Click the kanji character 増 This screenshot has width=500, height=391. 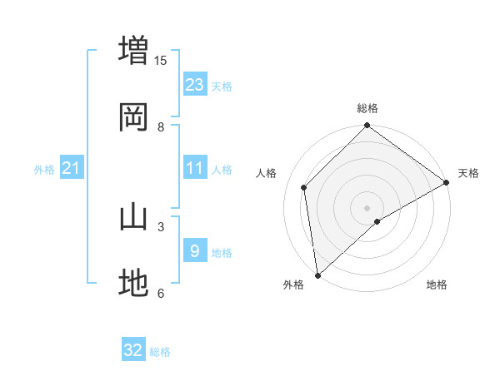tap(133, 48)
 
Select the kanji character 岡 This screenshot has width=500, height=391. tap(133, 116)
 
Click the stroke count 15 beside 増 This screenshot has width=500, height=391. tap(161, 60)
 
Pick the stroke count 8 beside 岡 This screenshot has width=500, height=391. tap(161, 126)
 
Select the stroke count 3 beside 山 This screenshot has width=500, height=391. tap(161, 225)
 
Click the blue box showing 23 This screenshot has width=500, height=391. tap(195, 84)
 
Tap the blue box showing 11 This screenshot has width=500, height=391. tap(195, 168)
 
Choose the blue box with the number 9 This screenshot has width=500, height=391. tap(195, 250)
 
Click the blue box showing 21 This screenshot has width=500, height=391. tap(71, 168)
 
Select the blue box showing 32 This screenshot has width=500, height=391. tap(133, 350)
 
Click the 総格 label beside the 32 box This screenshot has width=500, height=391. tap(160, 352)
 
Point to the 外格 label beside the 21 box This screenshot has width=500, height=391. tap(44, 170)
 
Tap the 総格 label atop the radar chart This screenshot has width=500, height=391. tap(367, 109)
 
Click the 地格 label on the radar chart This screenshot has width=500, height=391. tap(437, 285)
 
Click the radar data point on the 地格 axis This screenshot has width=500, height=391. tap(377, 221)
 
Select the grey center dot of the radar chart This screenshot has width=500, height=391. tap(367, 207)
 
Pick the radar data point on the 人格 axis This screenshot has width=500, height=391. tap(304, 187)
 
